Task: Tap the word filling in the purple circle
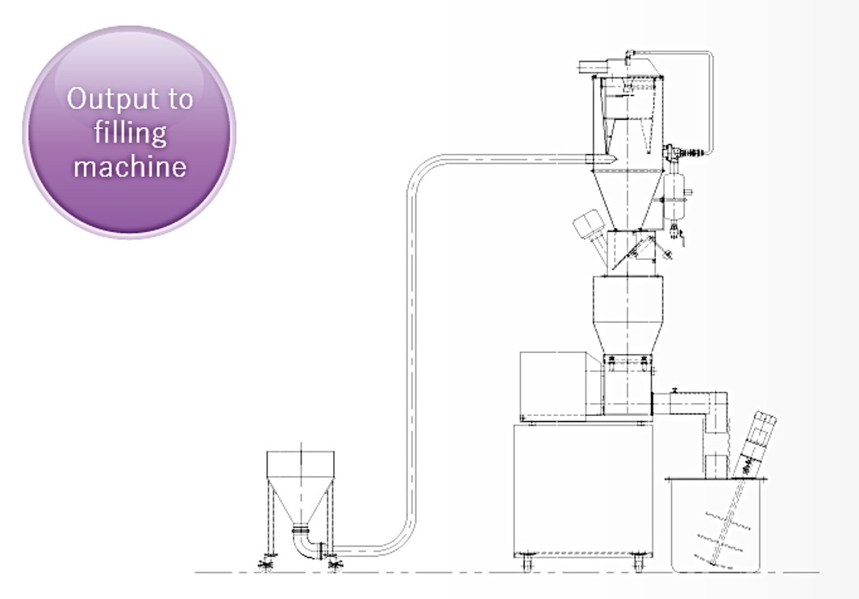click(130, 132)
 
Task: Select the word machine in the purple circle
click(130, 165)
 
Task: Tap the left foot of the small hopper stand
click(267, 564)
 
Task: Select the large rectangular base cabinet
click(583, 489)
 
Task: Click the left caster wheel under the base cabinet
click(527, 563)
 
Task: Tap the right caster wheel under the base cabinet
click(638, 563)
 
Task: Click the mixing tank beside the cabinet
click(716, 525)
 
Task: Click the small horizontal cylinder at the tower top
click(594, 67)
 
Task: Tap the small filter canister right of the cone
click(672, 196)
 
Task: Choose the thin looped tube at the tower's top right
click(711, 98)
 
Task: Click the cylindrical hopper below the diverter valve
click(628, 315)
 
